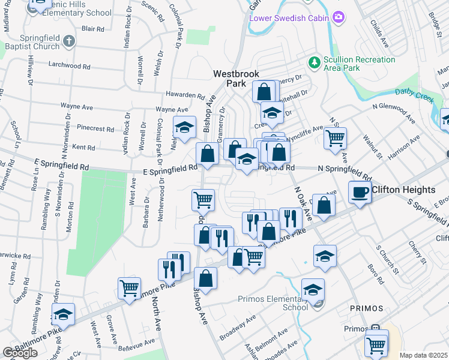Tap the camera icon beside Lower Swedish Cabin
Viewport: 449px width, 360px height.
(339, 17)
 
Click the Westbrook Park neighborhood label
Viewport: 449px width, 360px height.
(237, 79)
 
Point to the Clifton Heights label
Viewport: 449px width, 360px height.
(412, 190)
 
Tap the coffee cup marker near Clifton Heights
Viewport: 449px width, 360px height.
(360, 192)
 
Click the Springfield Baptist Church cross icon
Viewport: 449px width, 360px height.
(68, 41)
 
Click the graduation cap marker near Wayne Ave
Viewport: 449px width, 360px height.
(185, 127)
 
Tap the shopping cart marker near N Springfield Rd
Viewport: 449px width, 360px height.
(335, 138)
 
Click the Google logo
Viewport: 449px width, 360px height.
(20, 353)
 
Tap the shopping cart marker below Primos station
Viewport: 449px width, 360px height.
(376, 345)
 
